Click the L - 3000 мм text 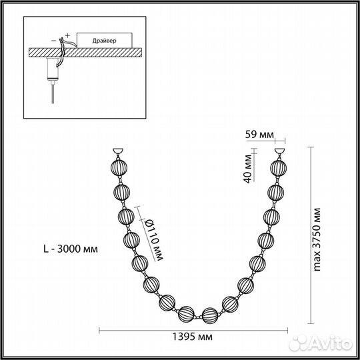point(69,249)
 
